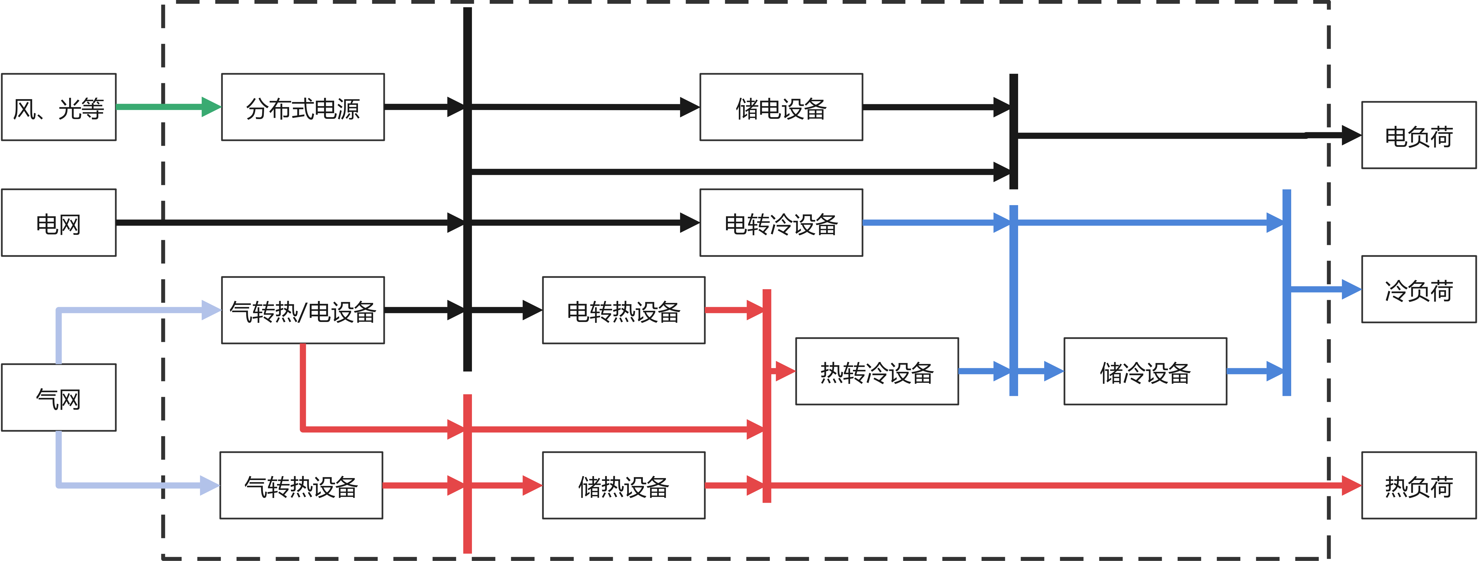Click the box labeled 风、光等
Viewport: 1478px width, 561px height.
(59, 107)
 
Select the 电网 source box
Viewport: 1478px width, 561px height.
(59, 223)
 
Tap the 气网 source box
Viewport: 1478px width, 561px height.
(59, 397)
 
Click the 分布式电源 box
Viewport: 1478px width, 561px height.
(303, 107)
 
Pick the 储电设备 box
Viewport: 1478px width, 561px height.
(781, 107)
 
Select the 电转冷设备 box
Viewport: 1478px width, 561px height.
(781, 223)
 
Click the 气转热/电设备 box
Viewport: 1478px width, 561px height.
(303, 311)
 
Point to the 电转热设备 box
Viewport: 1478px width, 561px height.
(624, 311)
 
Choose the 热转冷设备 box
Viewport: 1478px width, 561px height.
(877, 372)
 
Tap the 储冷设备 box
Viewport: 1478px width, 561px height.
(1145, 372)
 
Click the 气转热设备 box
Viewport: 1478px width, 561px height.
(301, 486)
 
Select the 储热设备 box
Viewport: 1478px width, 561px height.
(624, 486)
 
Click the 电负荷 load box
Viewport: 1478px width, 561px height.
(1418, 136)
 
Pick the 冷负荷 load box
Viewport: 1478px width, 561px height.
(1418, 289)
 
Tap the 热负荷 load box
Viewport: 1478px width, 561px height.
(1418, 486)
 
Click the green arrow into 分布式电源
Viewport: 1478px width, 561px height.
(166, 107)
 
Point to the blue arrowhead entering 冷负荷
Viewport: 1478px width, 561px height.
(1351, 289)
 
